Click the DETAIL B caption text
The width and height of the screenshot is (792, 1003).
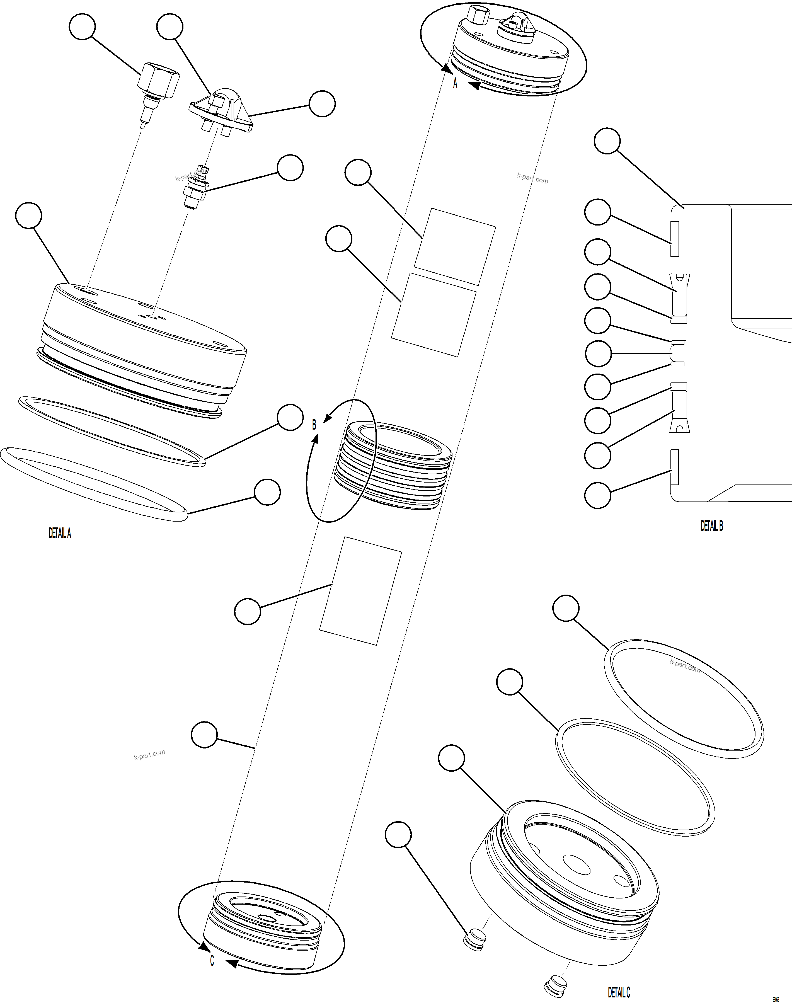tap(711, 525)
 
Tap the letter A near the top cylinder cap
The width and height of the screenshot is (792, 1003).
tap(455, 83)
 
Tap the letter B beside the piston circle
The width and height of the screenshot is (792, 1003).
tap(314, 424)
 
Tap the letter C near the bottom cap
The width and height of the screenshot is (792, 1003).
tap(212, 961)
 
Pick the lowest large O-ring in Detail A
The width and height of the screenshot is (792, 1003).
tap(93, 484)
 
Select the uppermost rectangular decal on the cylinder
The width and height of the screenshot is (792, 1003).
tap(454, 246)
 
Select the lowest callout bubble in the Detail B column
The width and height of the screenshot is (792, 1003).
tap(597, 495)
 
